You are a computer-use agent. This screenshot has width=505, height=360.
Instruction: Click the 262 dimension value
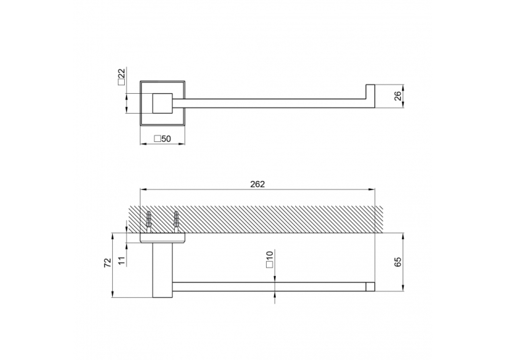coord(257,184)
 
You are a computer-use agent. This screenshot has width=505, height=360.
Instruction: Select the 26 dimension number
coord(398,96)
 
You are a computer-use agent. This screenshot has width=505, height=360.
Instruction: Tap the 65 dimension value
coord(398,262)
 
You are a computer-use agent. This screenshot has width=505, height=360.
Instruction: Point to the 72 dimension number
coord(108,263)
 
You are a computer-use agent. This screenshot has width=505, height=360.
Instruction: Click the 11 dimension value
coord(121,261)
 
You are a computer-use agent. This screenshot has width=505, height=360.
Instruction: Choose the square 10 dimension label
coord(269,260)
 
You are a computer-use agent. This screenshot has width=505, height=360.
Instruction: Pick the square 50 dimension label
coord(162,139)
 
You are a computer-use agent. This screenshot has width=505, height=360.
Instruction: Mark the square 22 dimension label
coord(121,77)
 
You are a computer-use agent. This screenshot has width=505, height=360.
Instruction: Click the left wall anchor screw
coord(149,222)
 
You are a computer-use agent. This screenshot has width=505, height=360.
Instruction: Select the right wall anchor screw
coord(176,222)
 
